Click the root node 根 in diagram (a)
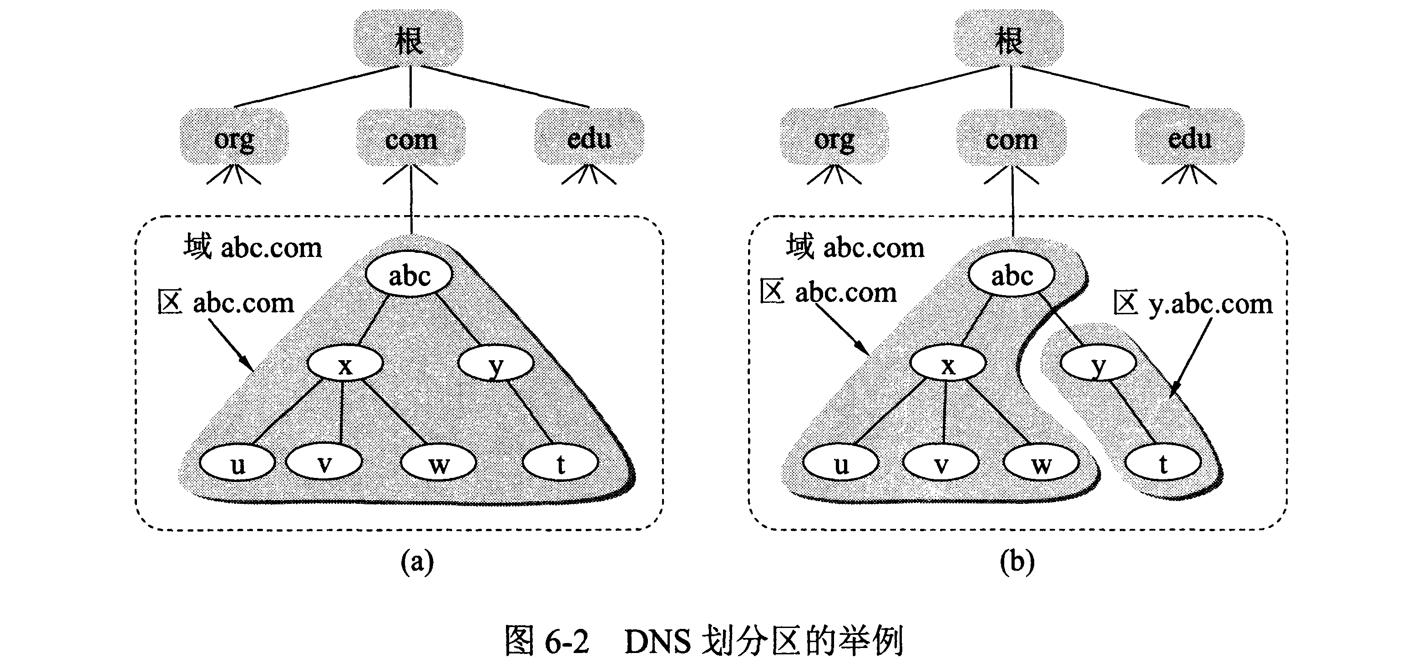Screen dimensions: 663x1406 (409, 39)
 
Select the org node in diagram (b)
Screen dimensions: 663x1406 (834, 139)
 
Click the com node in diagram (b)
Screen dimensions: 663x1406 (1012, 139)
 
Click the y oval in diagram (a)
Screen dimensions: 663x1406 (496, 363)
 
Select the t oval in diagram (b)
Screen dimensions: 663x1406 (1163, 463)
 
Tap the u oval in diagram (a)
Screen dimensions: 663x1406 (238, 463)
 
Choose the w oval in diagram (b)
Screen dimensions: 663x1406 (1041, 463)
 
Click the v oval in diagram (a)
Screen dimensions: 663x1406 (324, 463)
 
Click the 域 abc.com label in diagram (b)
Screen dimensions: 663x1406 (855, 247)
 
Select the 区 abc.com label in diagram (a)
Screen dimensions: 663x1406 (225, 302)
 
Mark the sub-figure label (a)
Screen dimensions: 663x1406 (417, 561)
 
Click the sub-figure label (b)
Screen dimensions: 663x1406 (1017, 561)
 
